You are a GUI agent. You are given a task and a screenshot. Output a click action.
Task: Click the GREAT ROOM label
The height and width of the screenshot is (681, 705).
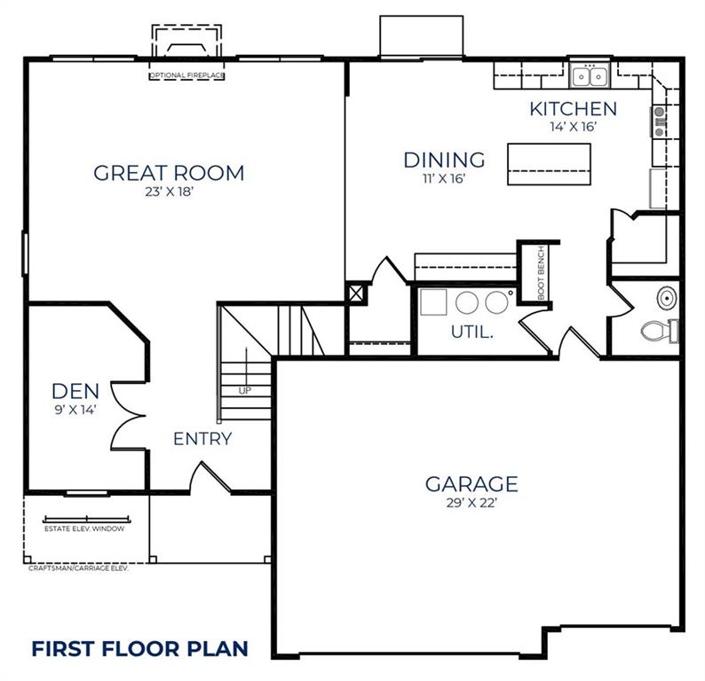coord(169,173)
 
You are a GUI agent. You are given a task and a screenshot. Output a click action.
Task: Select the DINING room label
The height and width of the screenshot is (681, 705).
coord(444,160)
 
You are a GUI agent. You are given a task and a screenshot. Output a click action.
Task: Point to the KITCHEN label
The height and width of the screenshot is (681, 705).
coord(573,109)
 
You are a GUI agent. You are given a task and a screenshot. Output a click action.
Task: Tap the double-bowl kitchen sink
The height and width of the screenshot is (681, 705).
coord(589,77)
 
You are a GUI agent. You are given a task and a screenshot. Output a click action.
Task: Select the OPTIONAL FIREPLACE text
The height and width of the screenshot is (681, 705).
coord(186,76)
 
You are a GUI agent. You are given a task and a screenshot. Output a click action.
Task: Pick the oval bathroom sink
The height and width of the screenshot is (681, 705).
coord(667,294)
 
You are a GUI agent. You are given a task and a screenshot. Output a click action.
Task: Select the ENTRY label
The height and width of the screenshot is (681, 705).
coord(202,438)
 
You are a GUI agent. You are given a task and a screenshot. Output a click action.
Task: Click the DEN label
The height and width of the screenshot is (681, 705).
coord(75,390)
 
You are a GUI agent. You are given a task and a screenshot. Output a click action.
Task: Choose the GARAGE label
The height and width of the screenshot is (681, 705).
coord(471,484)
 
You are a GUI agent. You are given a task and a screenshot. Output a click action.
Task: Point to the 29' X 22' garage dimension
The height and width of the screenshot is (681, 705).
coord(471,503)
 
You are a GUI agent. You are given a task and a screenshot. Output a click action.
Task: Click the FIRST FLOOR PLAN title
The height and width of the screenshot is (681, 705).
coord(139,647)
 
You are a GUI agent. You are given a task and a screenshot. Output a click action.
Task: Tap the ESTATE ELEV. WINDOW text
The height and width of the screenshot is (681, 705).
coord(84,528)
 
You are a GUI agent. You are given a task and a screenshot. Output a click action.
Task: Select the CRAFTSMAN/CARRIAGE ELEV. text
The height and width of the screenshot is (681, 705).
coord(78,568)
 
